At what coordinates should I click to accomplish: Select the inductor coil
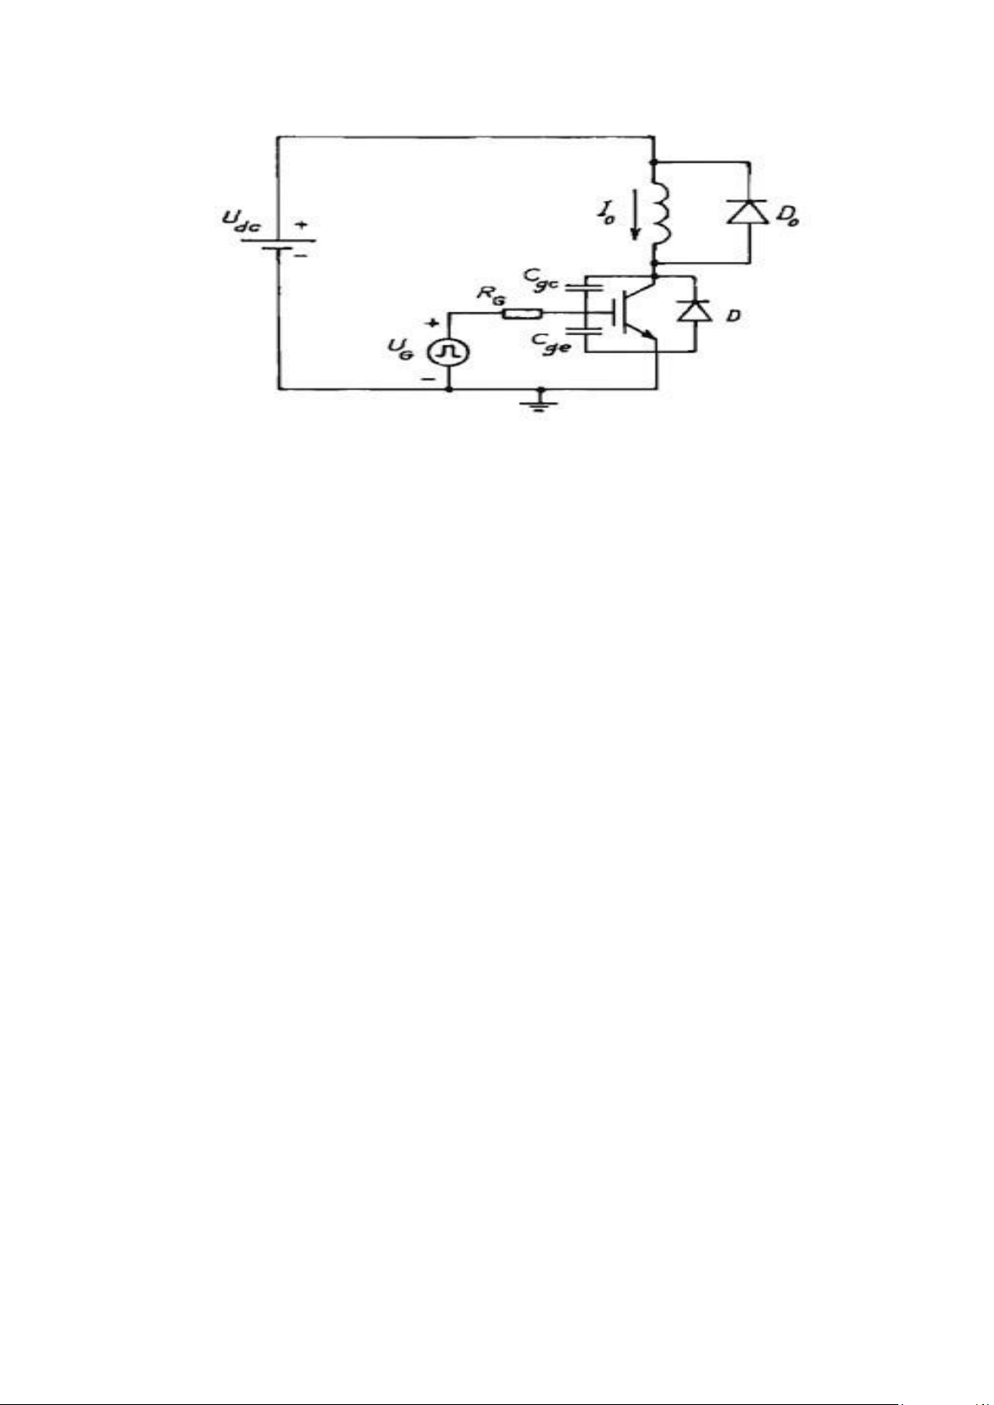pyautogui.click(x=660, y=213)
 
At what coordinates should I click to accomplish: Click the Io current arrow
pyautogui.click(x=636, y=214)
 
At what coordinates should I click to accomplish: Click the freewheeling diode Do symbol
pyautogui.click(x=749, y=212)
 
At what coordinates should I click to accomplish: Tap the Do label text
pyautogui.click(x=788, y=217)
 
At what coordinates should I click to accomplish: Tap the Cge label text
pyautogui.click(x=551, y=344)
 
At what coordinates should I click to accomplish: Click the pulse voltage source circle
pyautogui.click(x=449, y=354)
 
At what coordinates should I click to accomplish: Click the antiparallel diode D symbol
pyautogui.click(x=695, y=310)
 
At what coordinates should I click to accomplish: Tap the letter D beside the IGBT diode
pyautogui.click(x=732, y=315)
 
